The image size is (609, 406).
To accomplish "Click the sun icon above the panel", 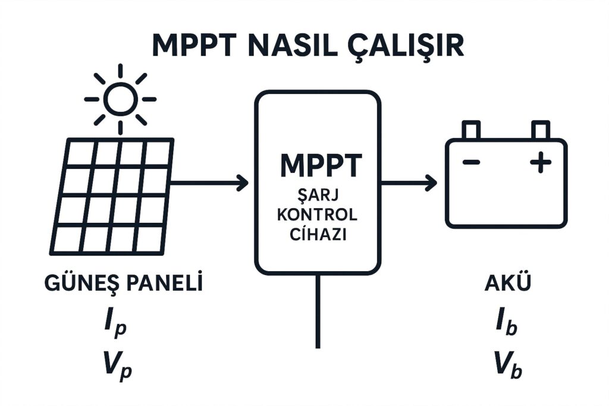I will (121, 99).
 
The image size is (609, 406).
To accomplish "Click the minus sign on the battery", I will (472, 162).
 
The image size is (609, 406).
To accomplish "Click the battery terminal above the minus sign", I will (472, 130).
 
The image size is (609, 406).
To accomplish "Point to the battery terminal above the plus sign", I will (541, 130).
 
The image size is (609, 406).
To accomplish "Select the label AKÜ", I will (507, 284).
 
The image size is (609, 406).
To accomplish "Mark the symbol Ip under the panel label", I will (117, 326).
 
